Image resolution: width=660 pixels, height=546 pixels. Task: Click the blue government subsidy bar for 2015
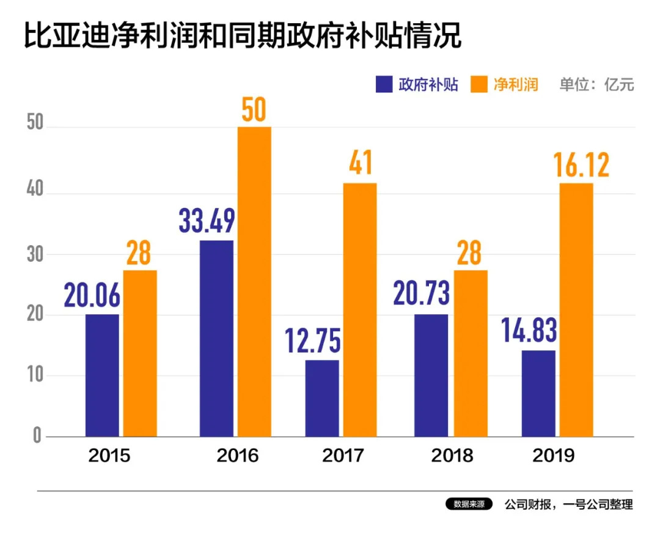point(102,375)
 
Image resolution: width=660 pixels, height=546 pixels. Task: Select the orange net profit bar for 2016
point(254,281)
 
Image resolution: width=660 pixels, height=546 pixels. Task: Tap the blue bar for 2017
point(322,398)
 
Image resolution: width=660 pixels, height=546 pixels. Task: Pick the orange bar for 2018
point(470,353)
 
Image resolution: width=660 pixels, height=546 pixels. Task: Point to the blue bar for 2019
point(538,393)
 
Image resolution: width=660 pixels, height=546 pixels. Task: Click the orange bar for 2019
point(576,309)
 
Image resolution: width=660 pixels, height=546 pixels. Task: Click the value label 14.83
point(529,331)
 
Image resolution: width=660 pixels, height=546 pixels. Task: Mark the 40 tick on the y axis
point(36,190)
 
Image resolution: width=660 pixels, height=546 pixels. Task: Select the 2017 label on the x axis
point(342,456)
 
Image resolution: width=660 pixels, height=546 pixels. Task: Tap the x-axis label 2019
point(554,456)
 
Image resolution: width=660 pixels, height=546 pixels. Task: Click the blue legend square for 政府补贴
point(384,84)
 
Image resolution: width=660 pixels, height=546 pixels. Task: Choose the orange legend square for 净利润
point(479,84)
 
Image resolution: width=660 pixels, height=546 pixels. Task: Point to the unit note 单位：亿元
point(596,84)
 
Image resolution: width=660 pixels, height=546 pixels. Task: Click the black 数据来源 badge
point(469,505)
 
